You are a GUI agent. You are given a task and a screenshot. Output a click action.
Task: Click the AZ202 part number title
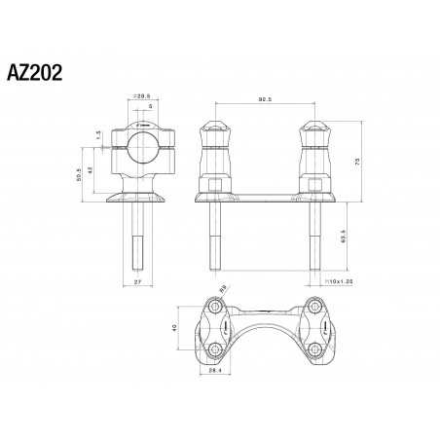coord(36,74)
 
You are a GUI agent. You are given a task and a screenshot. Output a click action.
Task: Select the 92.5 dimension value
coord(265,98)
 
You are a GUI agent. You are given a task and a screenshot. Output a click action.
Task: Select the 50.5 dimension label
coord(80,175)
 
